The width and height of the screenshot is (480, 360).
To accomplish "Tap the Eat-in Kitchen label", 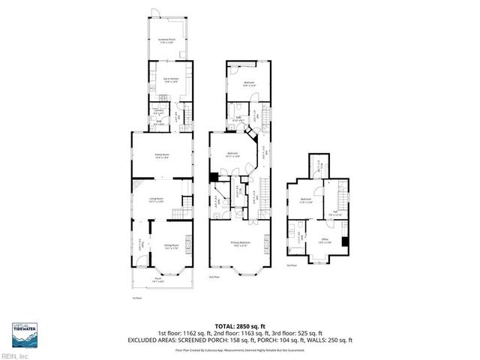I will (170, 79).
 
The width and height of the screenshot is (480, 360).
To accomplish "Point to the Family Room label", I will (162, 156).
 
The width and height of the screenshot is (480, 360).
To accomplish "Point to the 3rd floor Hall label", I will (333, 212).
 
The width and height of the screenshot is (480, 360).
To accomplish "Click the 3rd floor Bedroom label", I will (306, 200).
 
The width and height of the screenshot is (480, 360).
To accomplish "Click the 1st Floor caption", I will (136, 298).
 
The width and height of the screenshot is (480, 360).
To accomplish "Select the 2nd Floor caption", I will (214, 277).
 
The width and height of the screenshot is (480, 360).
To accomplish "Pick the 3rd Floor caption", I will (292, 265).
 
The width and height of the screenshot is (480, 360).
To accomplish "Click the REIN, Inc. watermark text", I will (14, 355).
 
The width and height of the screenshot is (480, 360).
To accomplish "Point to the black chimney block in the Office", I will (344, 242).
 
